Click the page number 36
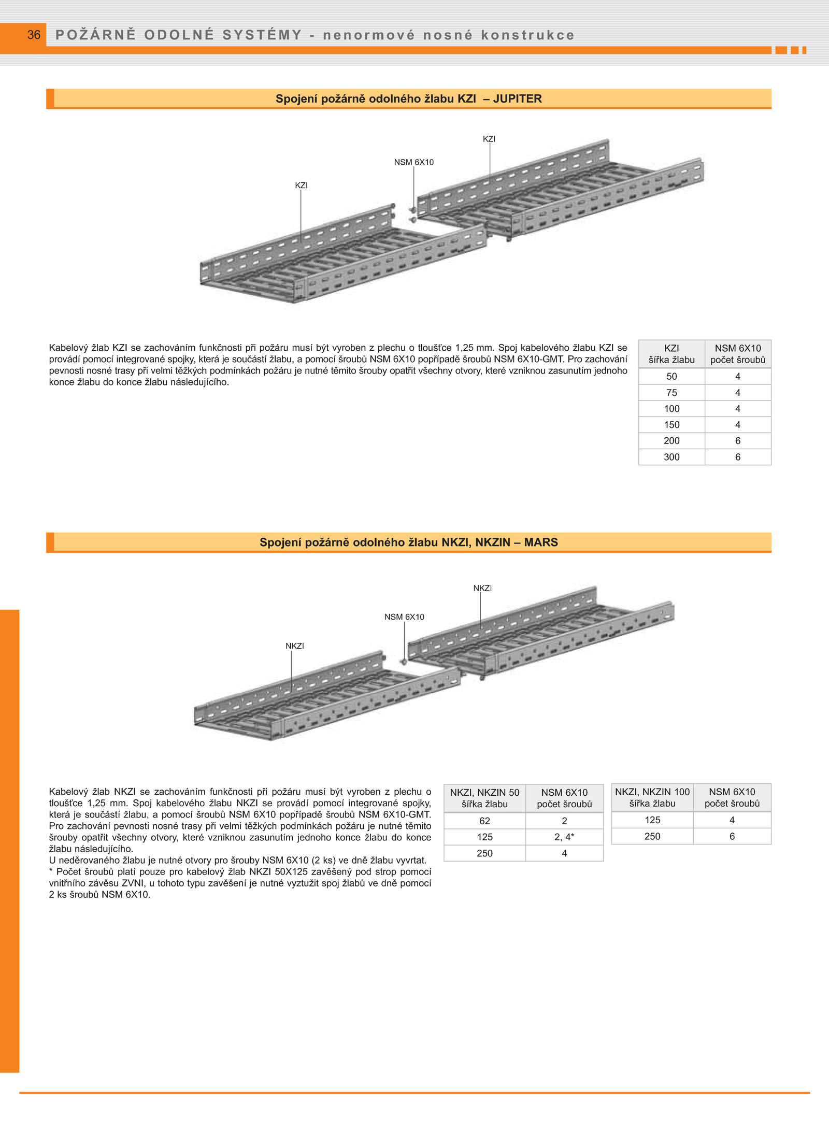click(x=34, y=35)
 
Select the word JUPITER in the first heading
click(x=517, y=98)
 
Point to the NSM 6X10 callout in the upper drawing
click(x=413, y=162)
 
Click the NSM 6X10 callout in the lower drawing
click(x=404, y=617)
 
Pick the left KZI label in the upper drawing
click(x=301, y=185)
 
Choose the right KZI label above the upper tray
click(x=489, y=139)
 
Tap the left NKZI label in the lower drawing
click(x=295, y=646)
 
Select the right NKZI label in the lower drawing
click(x=482, y=588)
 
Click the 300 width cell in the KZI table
click(x=671, y=457)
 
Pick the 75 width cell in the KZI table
click(x=671, y=393)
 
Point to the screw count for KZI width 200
click(x=737, y=441)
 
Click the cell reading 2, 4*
click(x=564, y=837)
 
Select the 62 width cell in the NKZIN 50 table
click(x=484, y=821)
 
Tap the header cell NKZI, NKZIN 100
click(x=652, y=792)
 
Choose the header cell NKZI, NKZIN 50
click(x=484, y=793)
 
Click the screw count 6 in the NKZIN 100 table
click(x=732, y=836)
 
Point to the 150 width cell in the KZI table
click(x=671, y=425)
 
